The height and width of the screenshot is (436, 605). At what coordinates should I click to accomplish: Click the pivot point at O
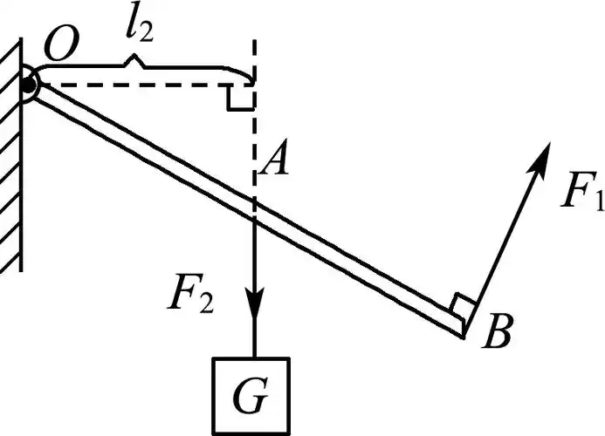coord(31,85)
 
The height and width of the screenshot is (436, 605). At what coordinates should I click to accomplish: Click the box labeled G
coord(253,390)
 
